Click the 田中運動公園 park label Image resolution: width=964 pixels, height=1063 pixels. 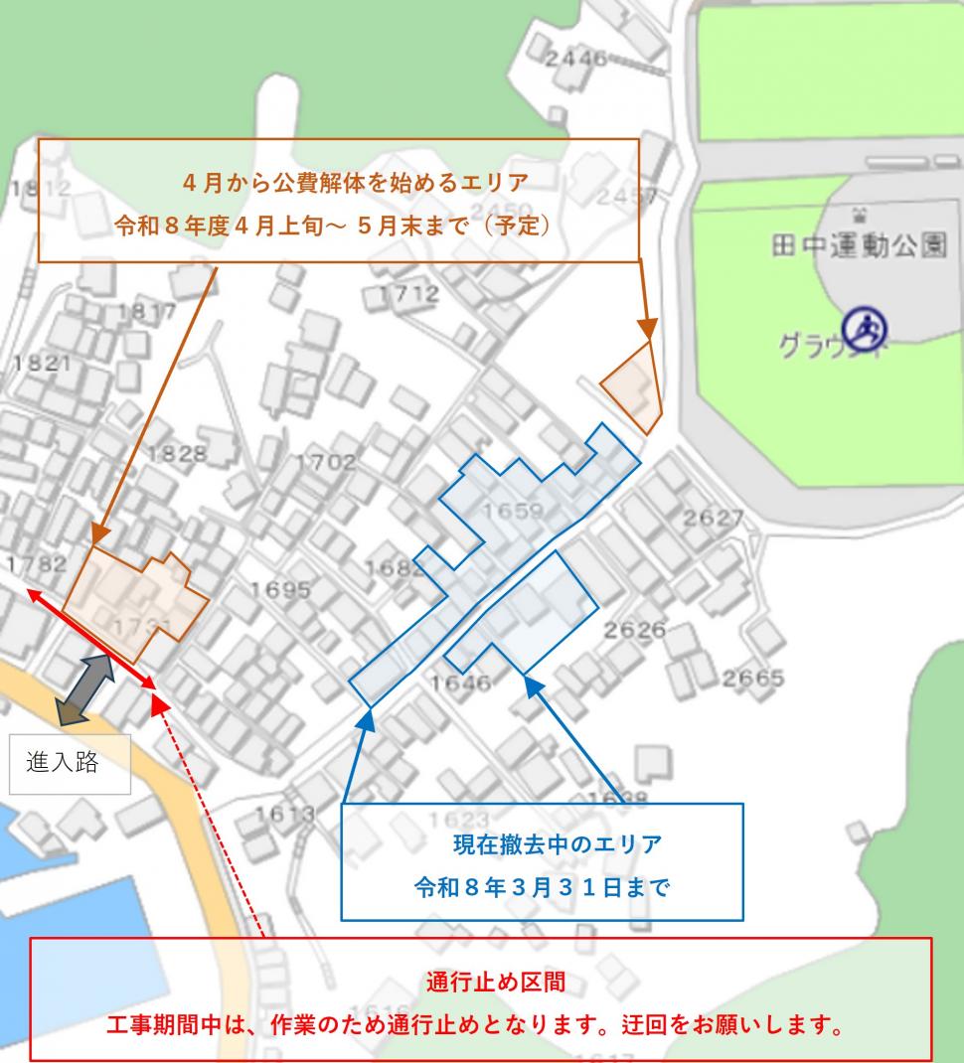pos(859,245)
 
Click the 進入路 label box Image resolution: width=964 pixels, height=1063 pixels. pos(70,764)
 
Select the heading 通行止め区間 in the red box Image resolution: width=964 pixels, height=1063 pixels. pos(482,983)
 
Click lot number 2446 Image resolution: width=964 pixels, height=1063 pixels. pos(574,59)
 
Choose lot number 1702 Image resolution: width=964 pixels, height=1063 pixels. pos(325,462)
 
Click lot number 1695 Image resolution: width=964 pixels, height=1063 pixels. pos(280,589)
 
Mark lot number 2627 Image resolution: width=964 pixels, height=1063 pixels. pos(714,519)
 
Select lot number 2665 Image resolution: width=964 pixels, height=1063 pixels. pos(752,679)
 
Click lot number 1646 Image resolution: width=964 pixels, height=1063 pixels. pos(461,683)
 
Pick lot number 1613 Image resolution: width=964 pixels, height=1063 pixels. pos(283,815)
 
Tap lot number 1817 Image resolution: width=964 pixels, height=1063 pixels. pos(146,312)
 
